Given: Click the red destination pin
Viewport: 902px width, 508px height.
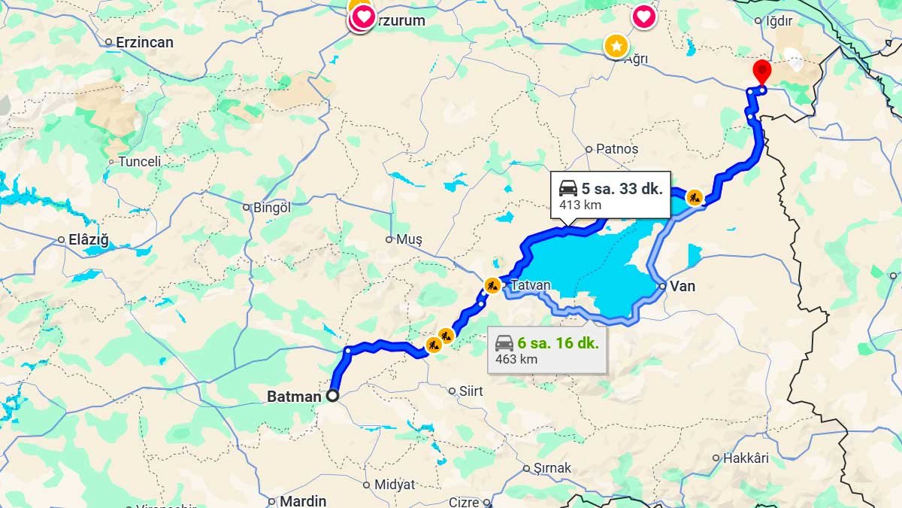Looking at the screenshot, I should click(762, 71).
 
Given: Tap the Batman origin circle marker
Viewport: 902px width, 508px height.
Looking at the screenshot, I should click(331, 395).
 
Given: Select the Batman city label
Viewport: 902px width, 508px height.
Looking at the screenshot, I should click(294, 396).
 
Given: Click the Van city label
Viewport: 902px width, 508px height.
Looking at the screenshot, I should click(683, 286).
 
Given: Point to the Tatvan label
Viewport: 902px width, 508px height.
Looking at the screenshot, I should click(531, 286).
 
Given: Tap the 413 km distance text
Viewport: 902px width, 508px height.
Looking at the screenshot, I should click(580, 205).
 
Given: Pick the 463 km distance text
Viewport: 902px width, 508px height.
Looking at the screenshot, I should click(516, 359).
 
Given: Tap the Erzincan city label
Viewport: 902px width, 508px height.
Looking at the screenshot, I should click(144, 42).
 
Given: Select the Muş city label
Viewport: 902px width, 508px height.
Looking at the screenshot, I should click(409, 239).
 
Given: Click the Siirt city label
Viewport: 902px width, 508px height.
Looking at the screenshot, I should click(471, 391).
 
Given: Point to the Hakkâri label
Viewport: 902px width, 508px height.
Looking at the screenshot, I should click(746, 458).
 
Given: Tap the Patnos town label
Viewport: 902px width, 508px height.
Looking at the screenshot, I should click(616, 149).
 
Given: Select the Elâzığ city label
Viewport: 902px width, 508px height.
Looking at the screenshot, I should click(89, 240).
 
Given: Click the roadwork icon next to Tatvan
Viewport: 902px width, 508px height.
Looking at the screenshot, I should click(492, 285).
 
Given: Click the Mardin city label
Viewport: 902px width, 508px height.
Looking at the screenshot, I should click(303, 500).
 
